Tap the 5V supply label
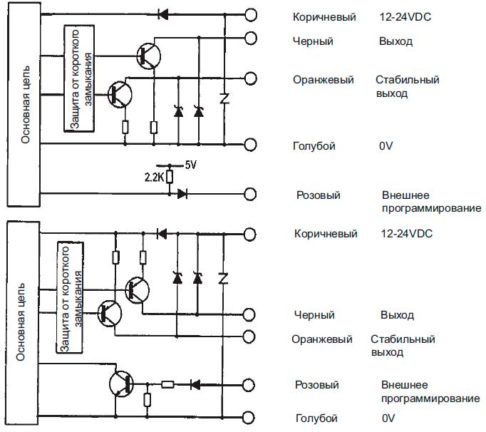pyautogui.click(x=190, y=165)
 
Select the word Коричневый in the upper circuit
pyautogui.click(x=324, y=16)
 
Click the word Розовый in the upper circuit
pyautogui.click(x=318, y=195)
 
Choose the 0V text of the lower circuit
pyautogui.click(x=388, y=418)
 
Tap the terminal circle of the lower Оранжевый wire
pyautogui.click(x=250, y=337)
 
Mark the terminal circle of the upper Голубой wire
pyautogui.click(x=250, y=145)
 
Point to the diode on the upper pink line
pyautogui.click(x=183, y=193)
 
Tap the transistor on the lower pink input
pyautogui.click(x=122, y=383)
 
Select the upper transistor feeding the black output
pyautogui.click(x=148, y=54)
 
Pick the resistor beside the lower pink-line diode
pyautogui.click(x=167, y=384)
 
